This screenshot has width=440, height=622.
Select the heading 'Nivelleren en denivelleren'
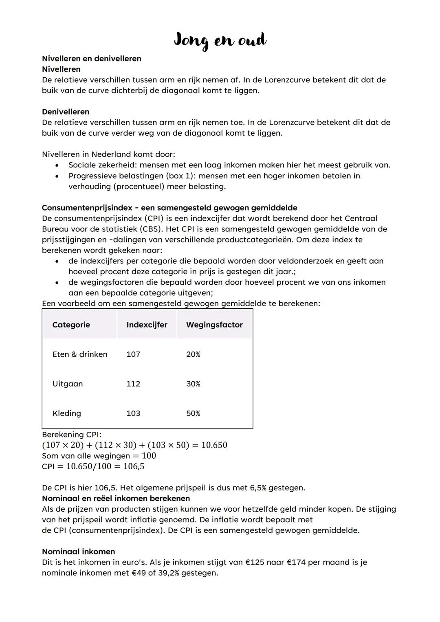click(x=92, y=59)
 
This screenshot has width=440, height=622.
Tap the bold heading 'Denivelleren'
click(x=66, y=112)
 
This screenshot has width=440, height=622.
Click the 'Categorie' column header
click(x=71, y=325)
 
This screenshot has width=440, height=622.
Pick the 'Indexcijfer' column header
click(x=147, y=325)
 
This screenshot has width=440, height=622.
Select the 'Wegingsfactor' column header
click(x=214, y=325)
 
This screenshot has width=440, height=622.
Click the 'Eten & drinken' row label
click(x=80, y=354)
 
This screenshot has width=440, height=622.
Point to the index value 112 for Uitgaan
click(x=133, y=384)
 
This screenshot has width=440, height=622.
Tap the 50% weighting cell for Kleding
click(x=193, y=413)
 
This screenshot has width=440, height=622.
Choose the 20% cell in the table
click(x=193, y=354)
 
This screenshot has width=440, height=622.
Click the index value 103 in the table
click(x=133, y=413)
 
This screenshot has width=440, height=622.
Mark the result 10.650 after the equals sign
click(x=214, y=445)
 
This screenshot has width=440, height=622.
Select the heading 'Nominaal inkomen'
click(x=79, y=552)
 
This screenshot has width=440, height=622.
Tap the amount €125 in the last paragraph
click(x=255, y=563)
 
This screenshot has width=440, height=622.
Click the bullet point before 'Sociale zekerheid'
click(x=57, y=165)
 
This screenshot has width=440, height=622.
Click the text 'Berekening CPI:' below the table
click(x=72, y=435)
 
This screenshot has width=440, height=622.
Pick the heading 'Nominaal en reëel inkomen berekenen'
click(x=116, y=499)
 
